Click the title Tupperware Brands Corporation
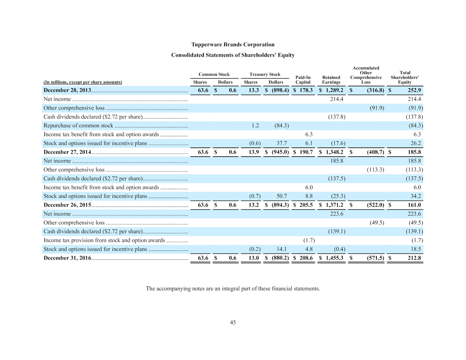click(x=233, y=45)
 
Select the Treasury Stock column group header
click(x=265, y=74)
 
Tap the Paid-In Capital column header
click(x=303, y=80)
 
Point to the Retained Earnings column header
click(x=331, y=80)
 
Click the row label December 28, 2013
click(x=67, y=90)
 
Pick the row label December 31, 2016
click(x=67, y=258)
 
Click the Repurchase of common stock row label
click(x=78, y=126)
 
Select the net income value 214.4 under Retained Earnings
click(x=337, y=99)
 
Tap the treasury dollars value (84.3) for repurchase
click(x=282, y=126)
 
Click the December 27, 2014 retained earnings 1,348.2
click(x=334, y=152)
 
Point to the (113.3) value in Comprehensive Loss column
click(x=375, y=170)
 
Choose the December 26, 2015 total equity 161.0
click(x=414, y=205)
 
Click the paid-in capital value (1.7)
click(x=309, y=240)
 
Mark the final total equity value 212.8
click(x=414, y=258)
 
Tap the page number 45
click(x=233, y=322)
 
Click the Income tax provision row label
click(x=104, y=240)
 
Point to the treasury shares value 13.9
click(x=254, y=152)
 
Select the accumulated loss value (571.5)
click(x=375, y=258)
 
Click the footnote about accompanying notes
click(x=233, y=289)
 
